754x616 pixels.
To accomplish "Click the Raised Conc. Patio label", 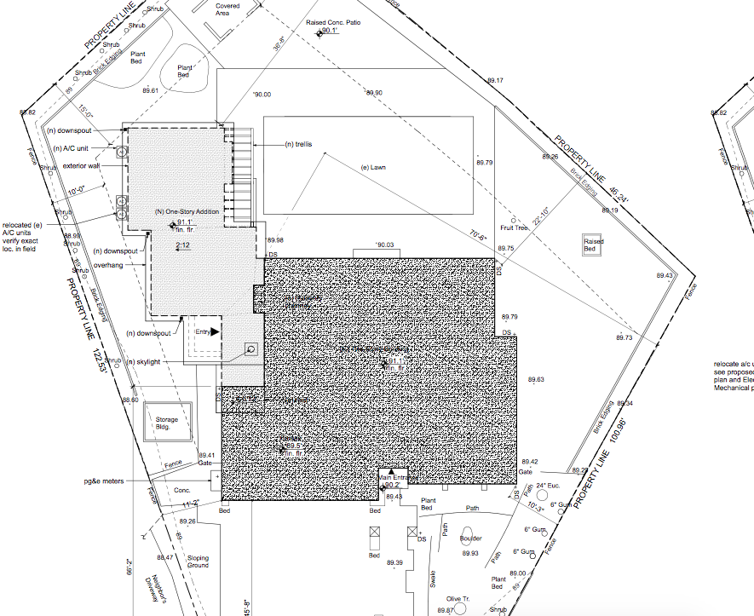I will click(333, 23).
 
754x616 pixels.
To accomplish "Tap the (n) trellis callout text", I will click(298, 145).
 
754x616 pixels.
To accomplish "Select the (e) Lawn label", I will click(373, 168).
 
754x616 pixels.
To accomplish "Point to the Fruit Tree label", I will click(515, 227).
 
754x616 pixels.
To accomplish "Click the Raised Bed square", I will click(594, 245).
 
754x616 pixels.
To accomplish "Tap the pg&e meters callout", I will click(103, 481).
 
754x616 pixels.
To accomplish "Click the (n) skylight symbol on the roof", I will click(251, 348).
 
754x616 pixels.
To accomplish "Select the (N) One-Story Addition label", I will click(187, 211).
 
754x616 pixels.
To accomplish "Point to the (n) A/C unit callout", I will click(71, 148).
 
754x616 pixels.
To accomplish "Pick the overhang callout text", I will click(106, 265).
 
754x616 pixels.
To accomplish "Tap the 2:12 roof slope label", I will click(182, 245).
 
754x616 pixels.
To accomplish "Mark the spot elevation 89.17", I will click(495, 80).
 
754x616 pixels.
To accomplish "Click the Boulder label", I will click(471, 538).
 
